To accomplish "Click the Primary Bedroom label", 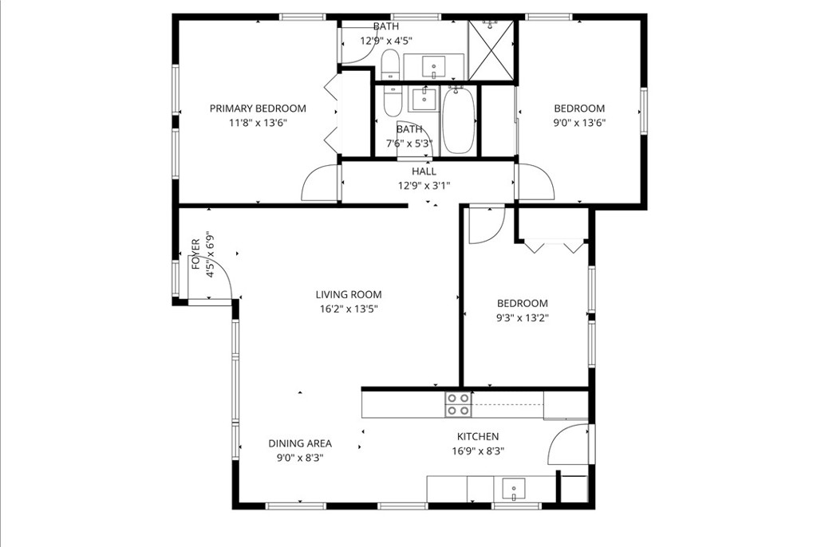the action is coord(258,108).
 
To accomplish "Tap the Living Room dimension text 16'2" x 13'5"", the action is coord(349,309).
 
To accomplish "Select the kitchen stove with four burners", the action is coord(459,404).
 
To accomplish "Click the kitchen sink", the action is coord(514,489).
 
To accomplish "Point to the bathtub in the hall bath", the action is coord(459,120).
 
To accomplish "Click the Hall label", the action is coord(424,171).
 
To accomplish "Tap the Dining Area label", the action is coord(300,443).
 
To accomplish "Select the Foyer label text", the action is coord(196,254).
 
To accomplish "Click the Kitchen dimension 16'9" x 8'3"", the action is coord(478,451).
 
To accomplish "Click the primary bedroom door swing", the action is coord(320,183).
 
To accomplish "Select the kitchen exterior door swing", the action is coord(568,444).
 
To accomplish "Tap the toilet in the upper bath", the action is coord(389,65).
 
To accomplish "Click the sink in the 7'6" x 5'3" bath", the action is coord(424,100).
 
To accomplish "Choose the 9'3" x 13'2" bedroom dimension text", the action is coord(522,318).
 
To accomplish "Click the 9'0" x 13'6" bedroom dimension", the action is coord(579,123).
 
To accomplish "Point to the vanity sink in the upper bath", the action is coord(434,66).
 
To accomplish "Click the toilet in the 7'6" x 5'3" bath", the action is coord(393,101).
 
